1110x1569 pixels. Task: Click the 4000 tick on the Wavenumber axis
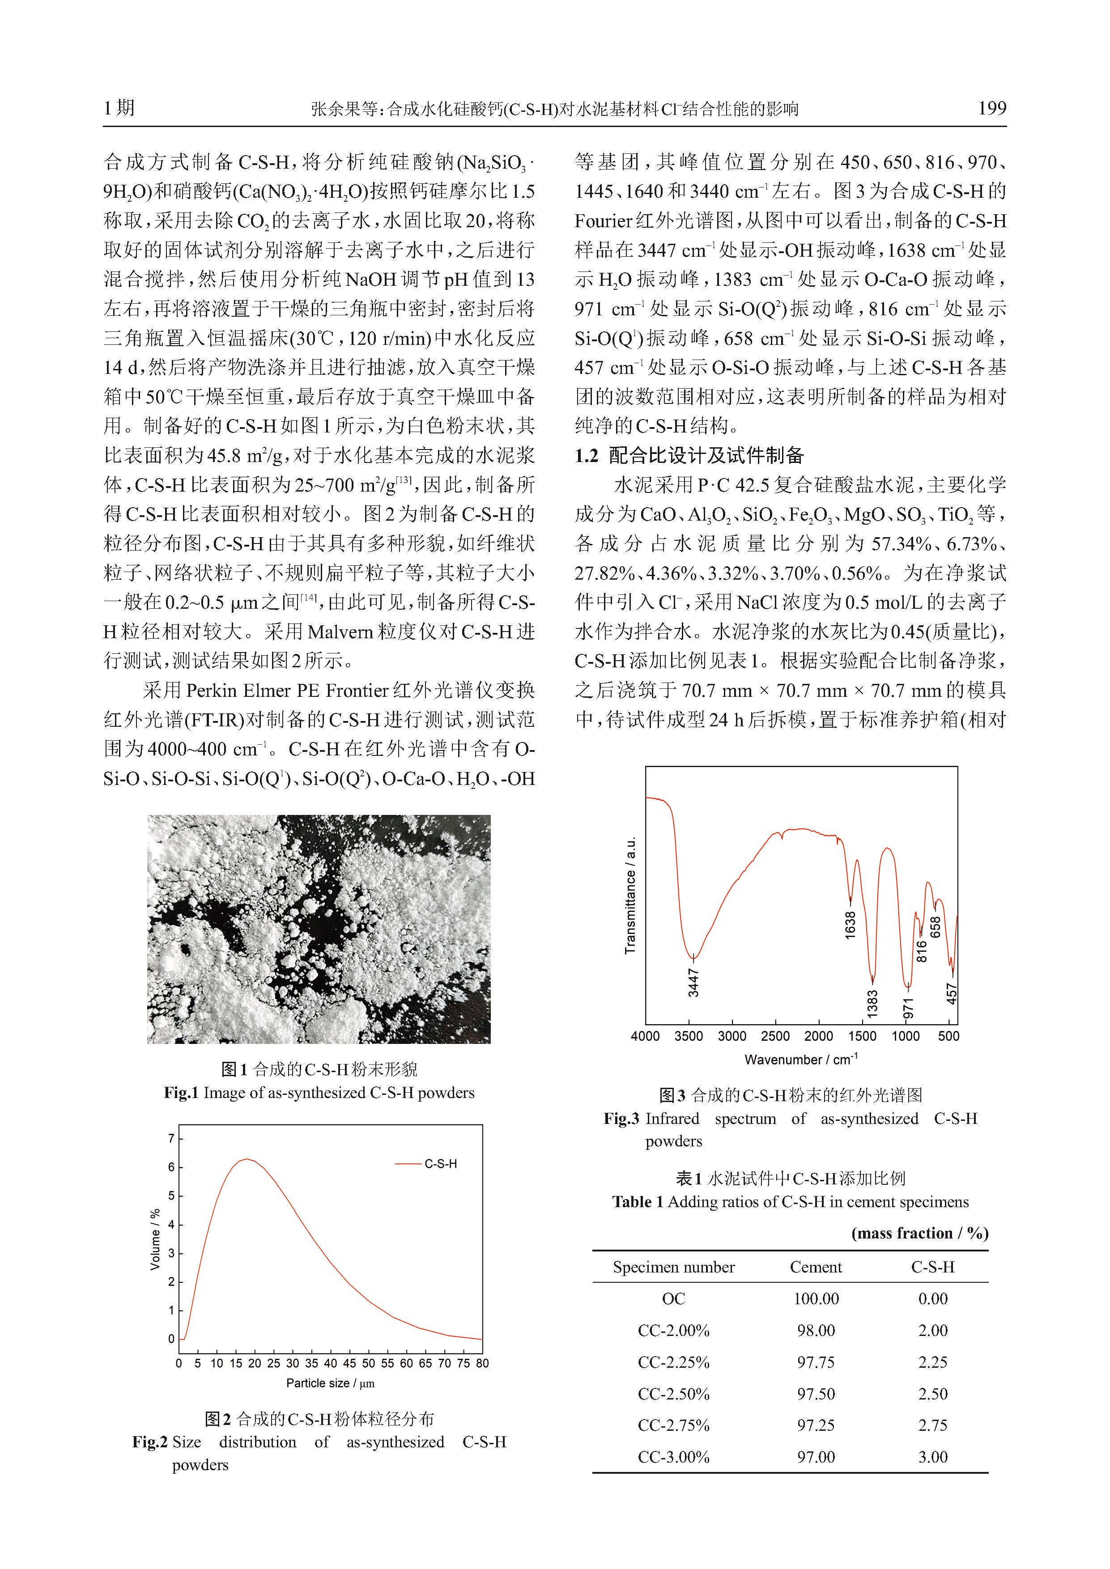click(645, 1036)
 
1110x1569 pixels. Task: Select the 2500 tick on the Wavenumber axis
click(775, 1036)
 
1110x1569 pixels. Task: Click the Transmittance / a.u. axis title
click(630, 895)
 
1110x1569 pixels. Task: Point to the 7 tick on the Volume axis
click(171, 1138)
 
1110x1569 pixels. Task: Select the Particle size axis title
click(330, 1384)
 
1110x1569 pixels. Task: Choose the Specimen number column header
click(673, 1268)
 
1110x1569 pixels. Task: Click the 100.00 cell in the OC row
click(816, 1299)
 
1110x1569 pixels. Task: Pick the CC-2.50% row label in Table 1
click(673, 1394)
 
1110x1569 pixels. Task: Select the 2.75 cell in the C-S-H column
click(932, 1425)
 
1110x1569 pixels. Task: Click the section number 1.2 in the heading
click(587, 456)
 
